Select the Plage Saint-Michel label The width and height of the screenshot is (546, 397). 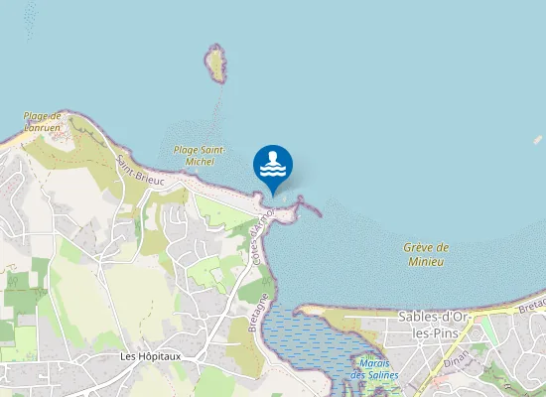(200, 155)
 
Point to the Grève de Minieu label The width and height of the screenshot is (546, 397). (427, 254)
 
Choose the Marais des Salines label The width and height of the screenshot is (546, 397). (374, 369)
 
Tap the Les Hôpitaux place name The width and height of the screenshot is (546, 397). (148, 355)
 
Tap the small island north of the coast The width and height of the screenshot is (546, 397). (215, 65)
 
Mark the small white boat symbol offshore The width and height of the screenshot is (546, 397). (538, 140)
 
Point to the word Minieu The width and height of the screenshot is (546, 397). (427, 261)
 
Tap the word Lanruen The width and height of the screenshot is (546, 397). (43, 127)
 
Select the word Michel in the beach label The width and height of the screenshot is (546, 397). (200, 161)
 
